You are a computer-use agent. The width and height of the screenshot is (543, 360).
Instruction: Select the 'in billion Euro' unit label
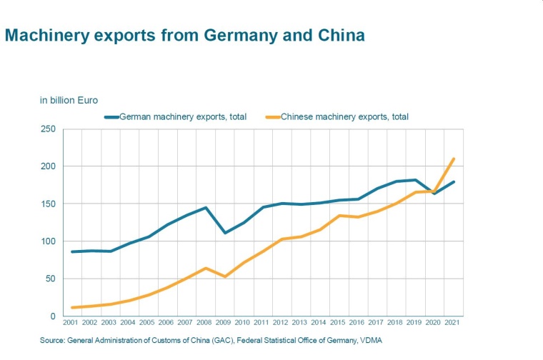(69, 100)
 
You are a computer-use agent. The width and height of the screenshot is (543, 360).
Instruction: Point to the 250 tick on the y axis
(49, 129)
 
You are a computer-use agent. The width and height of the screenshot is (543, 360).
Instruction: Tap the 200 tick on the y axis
(49, 166)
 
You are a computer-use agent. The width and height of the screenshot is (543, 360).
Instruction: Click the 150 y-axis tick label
(49, 204)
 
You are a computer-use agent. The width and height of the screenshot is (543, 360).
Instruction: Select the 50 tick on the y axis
(51, 279)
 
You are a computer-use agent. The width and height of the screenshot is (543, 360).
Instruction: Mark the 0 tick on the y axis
(53, 316)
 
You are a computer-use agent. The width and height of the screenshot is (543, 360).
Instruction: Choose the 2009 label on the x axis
(225, 324)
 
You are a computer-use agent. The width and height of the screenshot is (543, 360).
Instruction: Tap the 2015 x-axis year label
(339, 324)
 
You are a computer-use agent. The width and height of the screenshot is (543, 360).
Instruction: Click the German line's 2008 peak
(206, 208)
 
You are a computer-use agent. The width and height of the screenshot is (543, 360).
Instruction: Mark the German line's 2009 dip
(225, 233)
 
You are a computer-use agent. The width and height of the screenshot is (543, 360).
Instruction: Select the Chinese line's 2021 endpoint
(454, 159)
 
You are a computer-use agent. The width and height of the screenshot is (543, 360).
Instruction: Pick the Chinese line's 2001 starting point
(72, 308)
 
